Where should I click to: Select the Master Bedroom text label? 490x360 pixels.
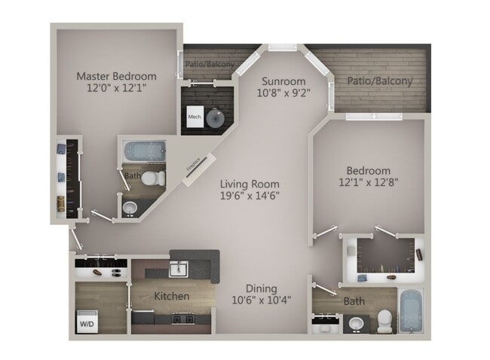pyautogui.click(x=117, y=76)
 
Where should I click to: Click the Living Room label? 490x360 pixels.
pyautogui.click(x=250, y=184)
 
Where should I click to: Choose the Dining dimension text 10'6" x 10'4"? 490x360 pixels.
pyautogui.click(x=260, y=300)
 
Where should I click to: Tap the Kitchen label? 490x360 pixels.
pyautogui.click(x=172, y=296)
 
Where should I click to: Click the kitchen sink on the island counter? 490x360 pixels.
pyautogui.click(x=179, y=268)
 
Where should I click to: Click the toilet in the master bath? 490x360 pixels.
pyautogui.click(x=154, y=178)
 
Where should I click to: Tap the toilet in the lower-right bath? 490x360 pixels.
pyautogui.click(x=384, y=320)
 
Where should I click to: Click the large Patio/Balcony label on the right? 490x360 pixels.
pyautogui.click(x=380, y=81)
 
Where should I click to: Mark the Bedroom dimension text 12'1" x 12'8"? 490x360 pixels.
pyautogui.click(x=369, y=182)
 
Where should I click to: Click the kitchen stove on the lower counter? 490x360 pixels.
pyautogui.click(x=182, y=319)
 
